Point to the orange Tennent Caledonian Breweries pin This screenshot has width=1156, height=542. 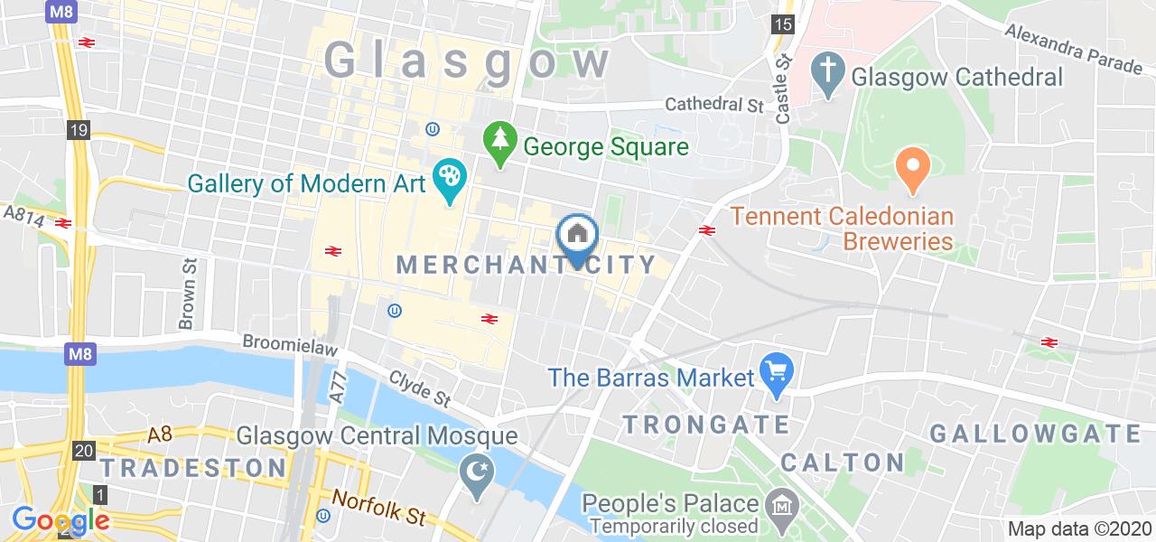click(x=913, y=169)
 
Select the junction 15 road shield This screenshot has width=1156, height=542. click(x=782, y=24)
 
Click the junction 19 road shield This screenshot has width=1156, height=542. click(x=79, y=131)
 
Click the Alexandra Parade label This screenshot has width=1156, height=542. click(x=1074, y=50)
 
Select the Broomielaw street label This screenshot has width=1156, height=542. click(x=288, y=345)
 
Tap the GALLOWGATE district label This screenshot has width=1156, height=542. click(x=1036, y=434)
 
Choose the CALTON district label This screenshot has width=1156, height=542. click(x=843, y=463)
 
